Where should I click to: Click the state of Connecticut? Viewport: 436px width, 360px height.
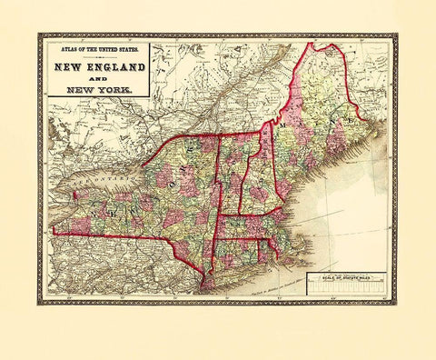tap(241, 250)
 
